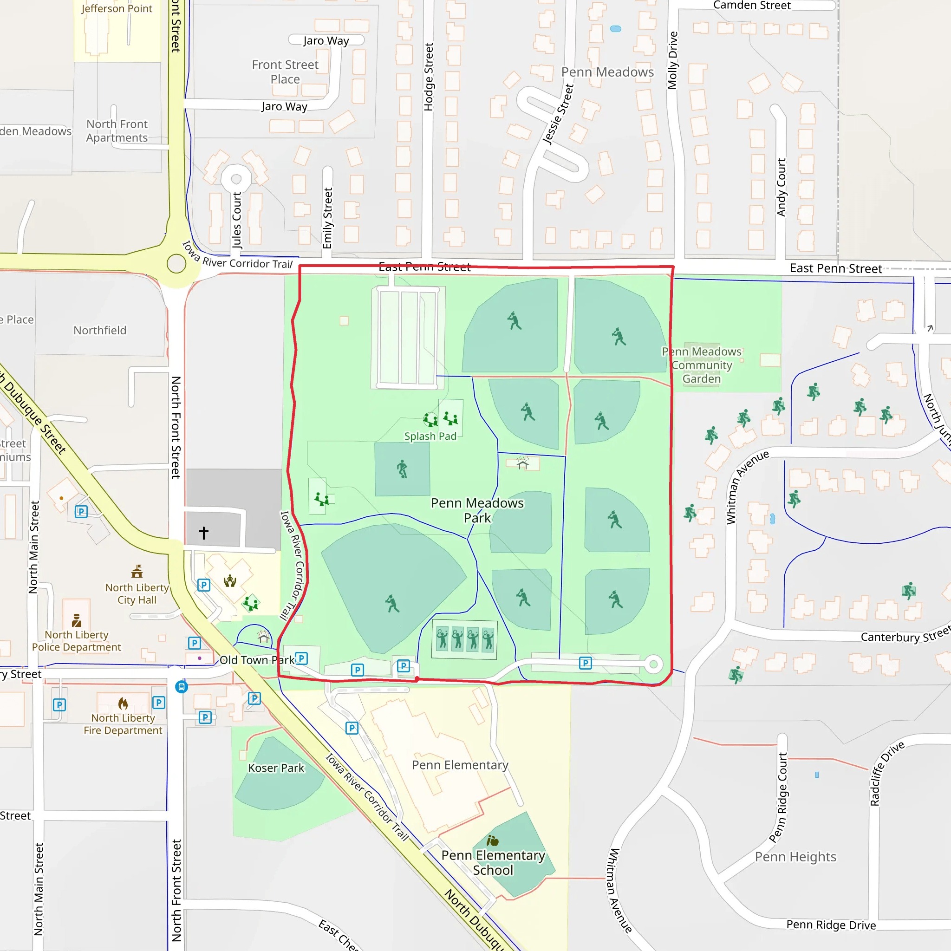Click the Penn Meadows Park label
point(477,510)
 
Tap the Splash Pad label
point(430,436)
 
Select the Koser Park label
point(276,768)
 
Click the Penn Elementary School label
point(493,862)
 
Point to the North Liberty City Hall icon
point(137,572)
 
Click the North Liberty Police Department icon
point(76,620)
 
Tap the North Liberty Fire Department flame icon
point(123,703)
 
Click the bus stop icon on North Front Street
point(181,687)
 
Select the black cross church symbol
point(204,532)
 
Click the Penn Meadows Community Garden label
point(702,365)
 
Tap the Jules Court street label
point(237,220)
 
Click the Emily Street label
point(327,218)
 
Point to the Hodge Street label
point(428,77)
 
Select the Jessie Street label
point(558,114)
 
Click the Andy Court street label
point(781,187)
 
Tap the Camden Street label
point(752,6)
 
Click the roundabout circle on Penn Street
point(176,263)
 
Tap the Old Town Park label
point(256,660)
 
